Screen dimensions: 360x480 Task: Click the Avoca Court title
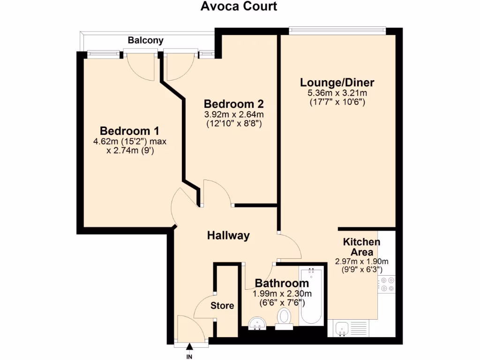point(239,7)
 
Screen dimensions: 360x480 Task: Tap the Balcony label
point(146,40)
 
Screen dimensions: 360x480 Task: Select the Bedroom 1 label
point(130,130)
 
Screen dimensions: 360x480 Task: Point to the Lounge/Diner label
point(337,83)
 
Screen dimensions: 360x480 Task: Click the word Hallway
point(228,235)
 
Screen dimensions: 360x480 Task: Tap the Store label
point(222,306)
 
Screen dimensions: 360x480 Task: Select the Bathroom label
point(282,283)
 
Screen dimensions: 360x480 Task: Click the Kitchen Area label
point(361,247)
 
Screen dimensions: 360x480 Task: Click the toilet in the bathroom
point(284,318)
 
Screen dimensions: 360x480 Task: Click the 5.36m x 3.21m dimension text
point(337,93)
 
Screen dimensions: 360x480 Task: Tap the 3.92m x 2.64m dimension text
point(233,114)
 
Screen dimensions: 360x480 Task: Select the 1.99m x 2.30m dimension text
point(282,294)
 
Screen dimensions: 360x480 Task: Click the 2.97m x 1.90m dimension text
point(361,262)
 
